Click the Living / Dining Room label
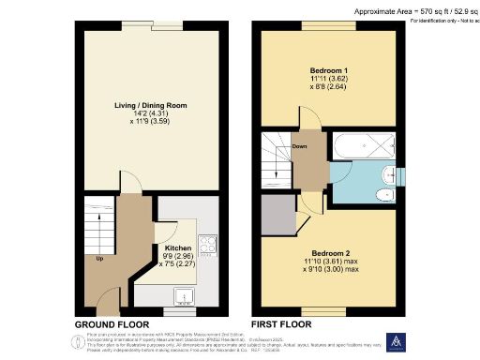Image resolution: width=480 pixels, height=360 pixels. coord(151,106)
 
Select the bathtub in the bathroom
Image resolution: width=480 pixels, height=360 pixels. coord(364,148)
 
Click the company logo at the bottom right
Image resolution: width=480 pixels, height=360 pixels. coord(395,342)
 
